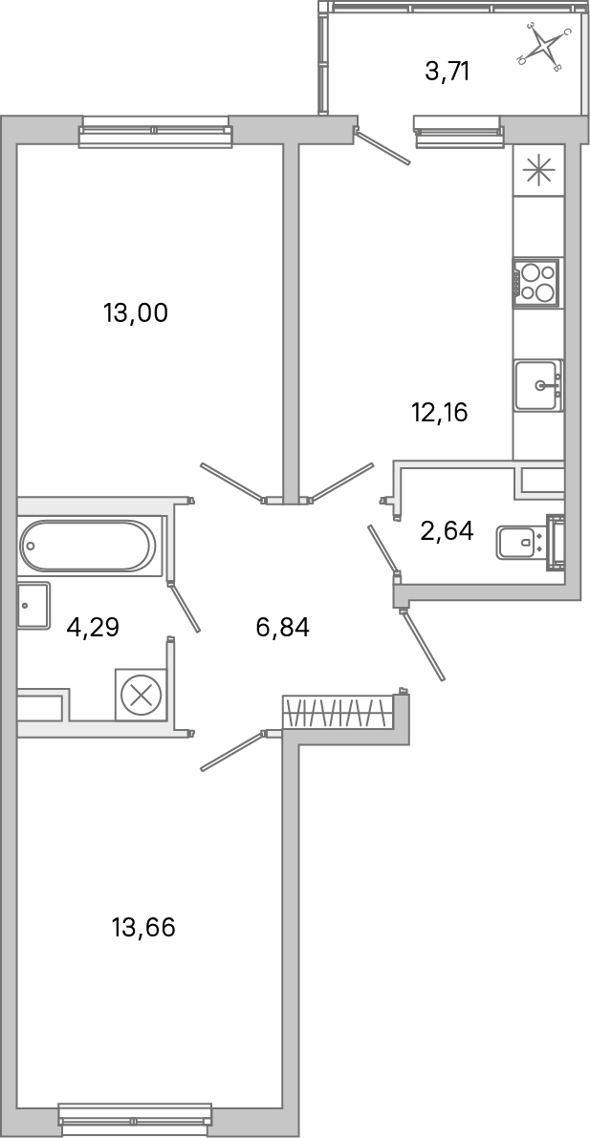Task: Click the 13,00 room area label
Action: pos(135,312)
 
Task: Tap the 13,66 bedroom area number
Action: pos(143,927)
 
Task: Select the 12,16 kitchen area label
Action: pos(440,413)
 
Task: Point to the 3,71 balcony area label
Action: pos(447,71)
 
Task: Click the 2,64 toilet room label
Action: pos(447,530)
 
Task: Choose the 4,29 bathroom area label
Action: pos(93,628)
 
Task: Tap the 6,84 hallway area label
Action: pos(283,628)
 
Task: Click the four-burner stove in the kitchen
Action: pos(536,283)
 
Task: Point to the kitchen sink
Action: pos(538,385)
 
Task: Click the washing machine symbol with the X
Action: pos(141,695)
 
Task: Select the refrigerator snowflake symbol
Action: pos(538,171)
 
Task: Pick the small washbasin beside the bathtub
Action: pos(33,606)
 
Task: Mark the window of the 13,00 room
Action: pos(155,132)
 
